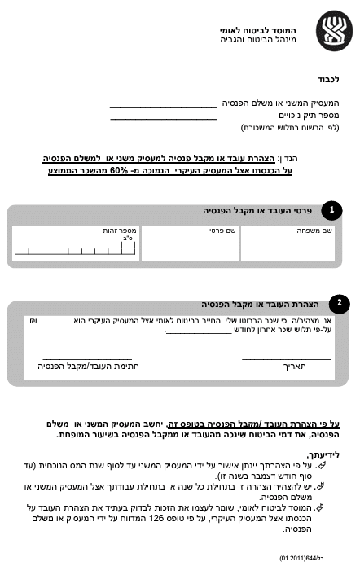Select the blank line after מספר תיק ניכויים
pyautogui.click(x=163, y=117)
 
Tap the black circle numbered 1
pyautogui.click(x=331, y=210)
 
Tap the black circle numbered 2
pyautogui.click(x=339, y=303)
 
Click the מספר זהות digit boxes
pyautogui.click(x=73, y=248)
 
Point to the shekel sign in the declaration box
pyautogui.click(x=32, y=321)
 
